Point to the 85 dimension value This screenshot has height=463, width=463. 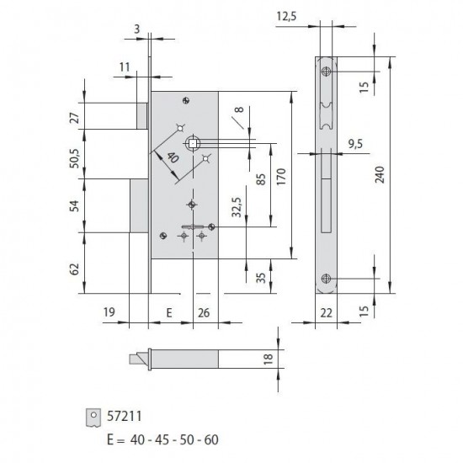pyautogui.click(x=262, y=178)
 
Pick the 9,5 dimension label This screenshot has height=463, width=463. pyautogui.click(x=357, y=145)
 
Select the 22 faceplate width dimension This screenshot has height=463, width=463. pyautogui.click(x=325, y=313)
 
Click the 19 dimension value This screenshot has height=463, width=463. pyautogui.click(x=109, y=312)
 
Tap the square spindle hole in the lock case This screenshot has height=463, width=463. pyautogui.click(x=194, y=143)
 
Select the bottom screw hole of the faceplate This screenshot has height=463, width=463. pyautogui.click(x=326, y=279)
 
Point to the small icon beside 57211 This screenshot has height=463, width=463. pyautogui.click(x=93, y=415)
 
